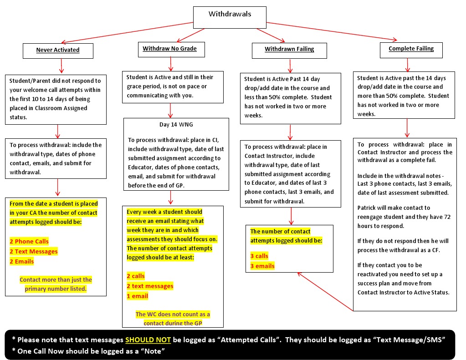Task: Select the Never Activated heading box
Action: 58,51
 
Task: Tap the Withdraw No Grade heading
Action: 170,49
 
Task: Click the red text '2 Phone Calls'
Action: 29,241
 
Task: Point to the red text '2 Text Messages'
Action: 34,251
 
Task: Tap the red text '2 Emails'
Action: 22,261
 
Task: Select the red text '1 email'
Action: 137,296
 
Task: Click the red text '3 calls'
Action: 259,256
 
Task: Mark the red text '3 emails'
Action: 262,266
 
